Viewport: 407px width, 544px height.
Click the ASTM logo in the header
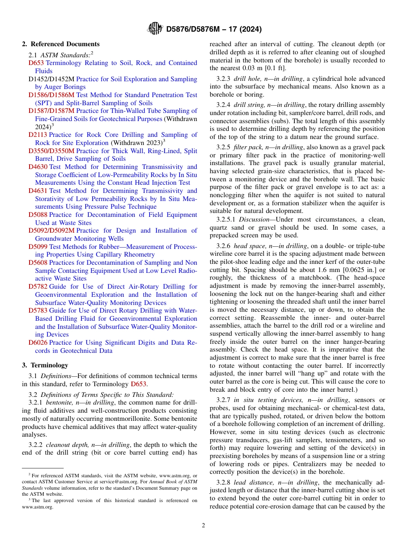coord(155,29)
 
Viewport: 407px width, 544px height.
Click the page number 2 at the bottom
coord(203,525)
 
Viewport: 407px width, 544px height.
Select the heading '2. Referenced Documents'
coord(61,44)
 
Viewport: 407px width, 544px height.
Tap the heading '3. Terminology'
coord(45,365)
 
